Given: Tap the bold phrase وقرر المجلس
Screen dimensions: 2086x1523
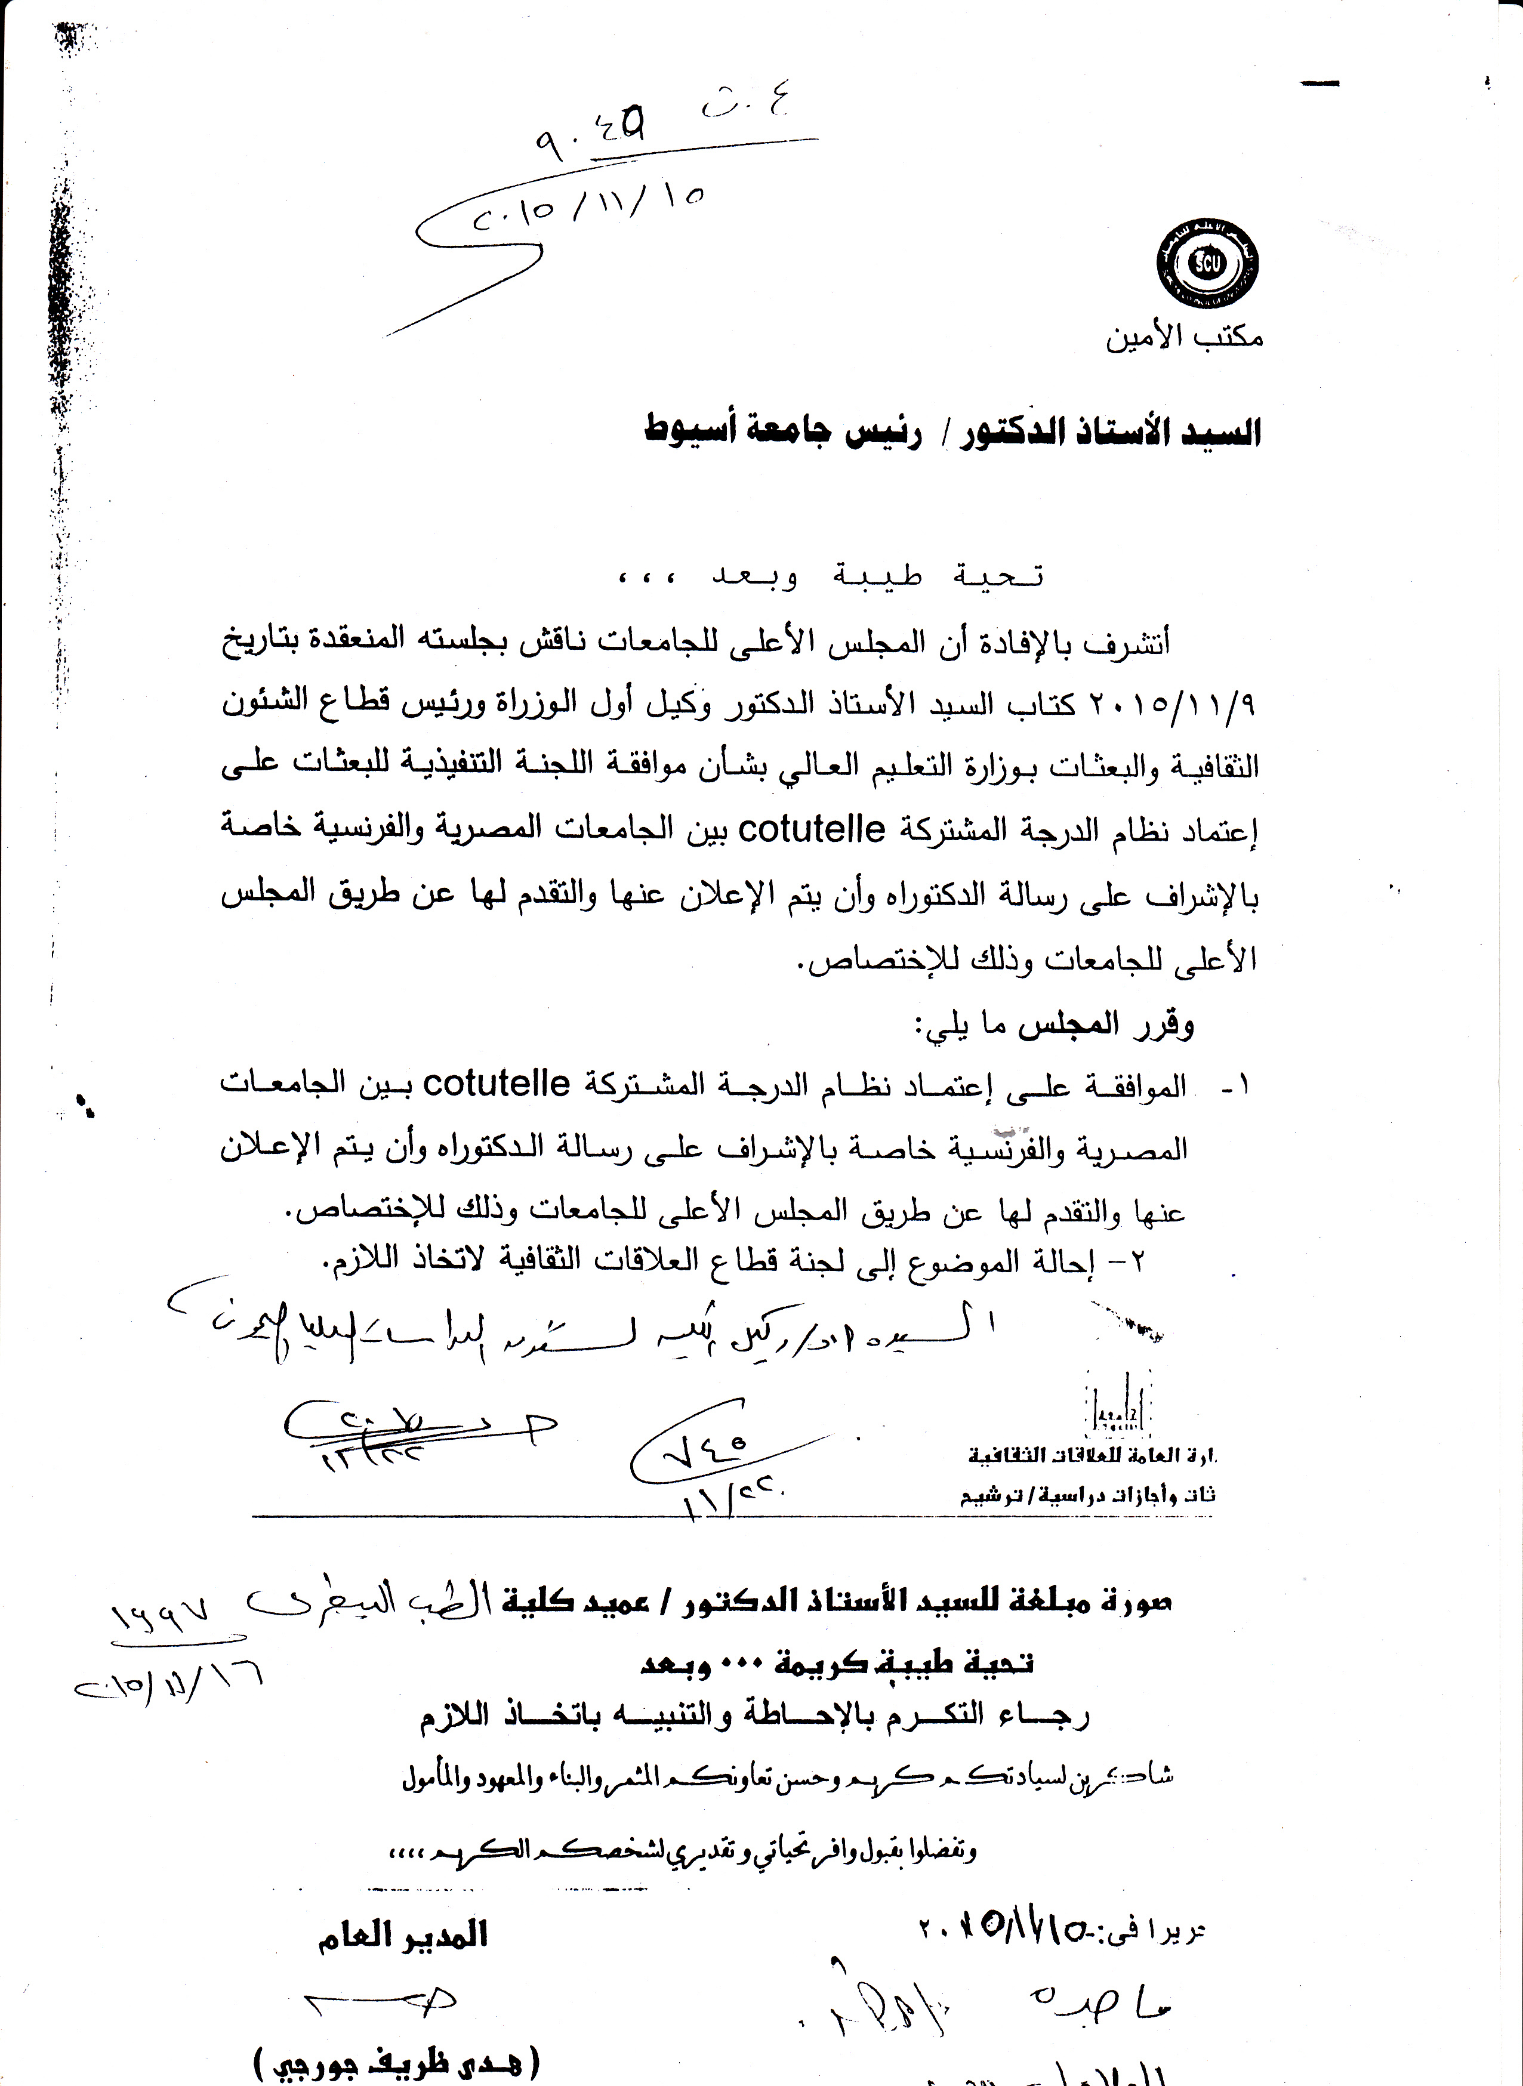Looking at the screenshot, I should click(1106, 1025).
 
